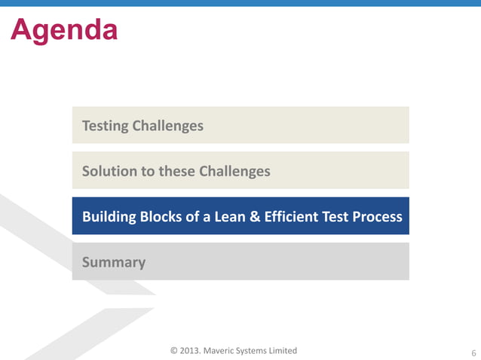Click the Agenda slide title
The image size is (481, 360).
coord(64,29)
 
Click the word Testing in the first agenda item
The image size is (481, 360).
coord(105,126)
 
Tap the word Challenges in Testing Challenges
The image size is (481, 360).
coord(167,126)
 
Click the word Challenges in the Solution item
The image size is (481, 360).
coord(234,171)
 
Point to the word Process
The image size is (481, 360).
coord(376,217)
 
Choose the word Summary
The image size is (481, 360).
coord(114,262)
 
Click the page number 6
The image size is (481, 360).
coord(473,352)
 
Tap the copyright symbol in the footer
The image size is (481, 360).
coord(174,351)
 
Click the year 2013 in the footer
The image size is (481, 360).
coord(193,351)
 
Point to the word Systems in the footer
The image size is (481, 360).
coord(262,351)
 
